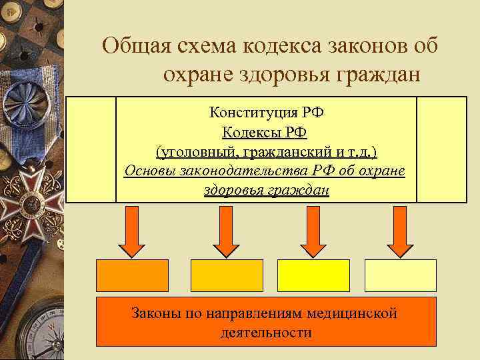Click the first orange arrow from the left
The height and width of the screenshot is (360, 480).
(133, 231)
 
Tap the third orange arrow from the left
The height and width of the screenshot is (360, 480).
(310, 231)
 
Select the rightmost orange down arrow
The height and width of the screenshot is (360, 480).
(400, 231)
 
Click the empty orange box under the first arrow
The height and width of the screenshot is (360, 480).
(133, 275)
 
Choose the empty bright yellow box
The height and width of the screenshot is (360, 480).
(313, 275)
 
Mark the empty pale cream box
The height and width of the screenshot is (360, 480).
(400, 275)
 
